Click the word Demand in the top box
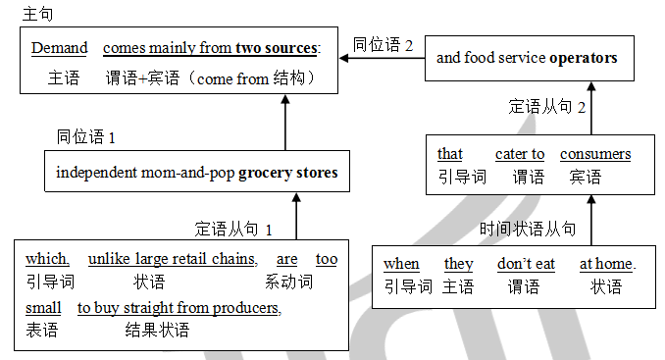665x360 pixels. point(59,48)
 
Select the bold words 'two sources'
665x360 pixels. point(277,48)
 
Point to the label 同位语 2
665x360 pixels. point(383,45)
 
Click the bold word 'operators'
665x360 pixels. point(583,58)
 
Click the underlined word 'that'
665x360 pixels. point(450,154)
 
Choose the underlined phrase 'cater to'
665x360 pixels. point(520,154)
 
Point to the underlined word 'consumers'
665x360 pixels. point(595,154)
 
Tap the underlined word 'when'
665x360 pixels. point(401,264)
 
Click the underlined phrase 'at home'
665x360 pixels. point(606,264)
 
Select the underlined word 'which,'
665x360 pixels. point(48,259)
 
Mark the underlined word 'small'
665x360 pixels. point(43,308)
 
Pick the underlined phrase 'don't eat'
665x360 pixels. point(526,264)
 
